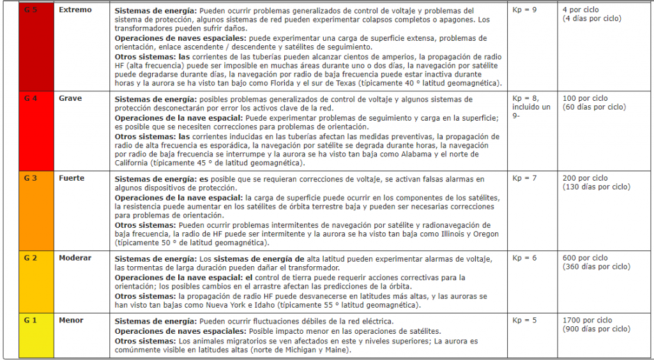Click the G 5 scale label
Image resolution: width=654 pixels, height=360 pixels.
point(29,11)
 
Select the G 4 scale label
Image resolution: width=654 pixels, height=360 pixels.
point(29,99)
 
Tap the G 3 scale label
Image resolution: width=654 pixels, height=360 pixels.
point(29,179)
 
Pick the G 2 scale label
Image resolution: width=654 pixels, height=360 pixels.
point(29,258)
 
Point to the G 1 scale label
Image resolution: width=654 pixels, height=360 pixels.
point(29,320)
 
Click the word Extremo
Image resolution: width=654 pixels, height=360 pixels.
point(75,11)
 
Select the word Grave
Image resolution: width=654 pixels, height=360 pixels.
point(70,99)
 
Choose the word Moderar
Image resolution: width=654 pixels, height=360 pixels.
point(75,258)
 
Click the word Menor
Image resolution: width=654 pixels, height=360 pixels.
point(71,320)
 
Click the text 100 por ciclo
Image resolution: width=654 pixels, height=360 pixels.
point(585,99)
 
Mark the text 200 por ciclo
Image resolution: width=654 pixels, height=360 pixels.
point(585,179)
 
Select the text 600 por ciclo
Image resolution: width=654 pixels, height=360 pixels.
point(585,258)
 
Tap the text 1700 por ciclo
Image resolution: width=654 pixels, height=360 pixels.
point(587,320)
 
